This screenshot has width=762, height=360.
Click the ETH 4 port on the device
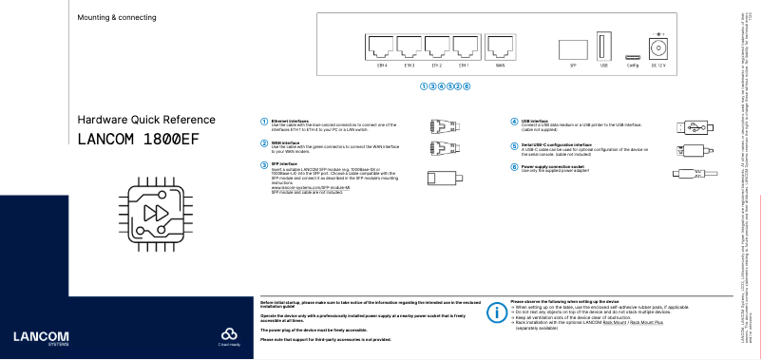[x=382, y=47]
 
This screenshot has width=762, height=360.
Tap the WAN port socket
[x=501, y=47]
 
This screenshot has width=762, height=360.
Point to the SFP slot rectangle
[x=573, y=49]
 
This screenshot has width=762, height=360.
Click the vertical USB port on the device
[x=603, y=47]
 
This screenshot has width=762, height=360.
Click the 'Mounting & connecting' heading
[x=117, y=18]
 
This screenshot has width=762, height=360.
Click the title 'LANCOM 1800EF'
[x=139, y=139]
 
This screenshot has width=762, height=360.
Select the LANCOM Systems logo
[x=34, y=337]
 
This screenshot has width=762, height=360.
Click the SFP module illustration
[x=444, y=177]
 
